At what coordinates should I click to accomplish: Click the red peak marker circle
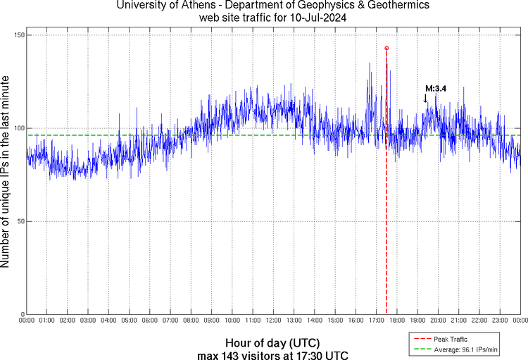(x=386, y=48)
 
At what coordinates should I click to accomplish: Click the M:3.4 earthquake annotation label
(x=436, y=89)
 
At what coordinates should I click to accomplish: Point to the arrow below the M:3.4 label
(x=425, y=99)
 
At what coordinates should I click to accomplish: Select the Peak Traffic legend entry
(x=450, y=340)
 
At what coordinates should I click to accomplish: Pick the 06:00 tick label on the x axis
(x=149, y=321)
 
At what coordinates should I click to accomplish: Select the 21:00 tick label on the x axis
(x=458, y=321)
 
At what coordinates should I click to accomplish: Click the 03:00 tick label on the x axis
(x=88, y=321)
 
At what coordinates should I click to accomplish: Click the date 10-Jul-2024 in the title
(x=320, y=18)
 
